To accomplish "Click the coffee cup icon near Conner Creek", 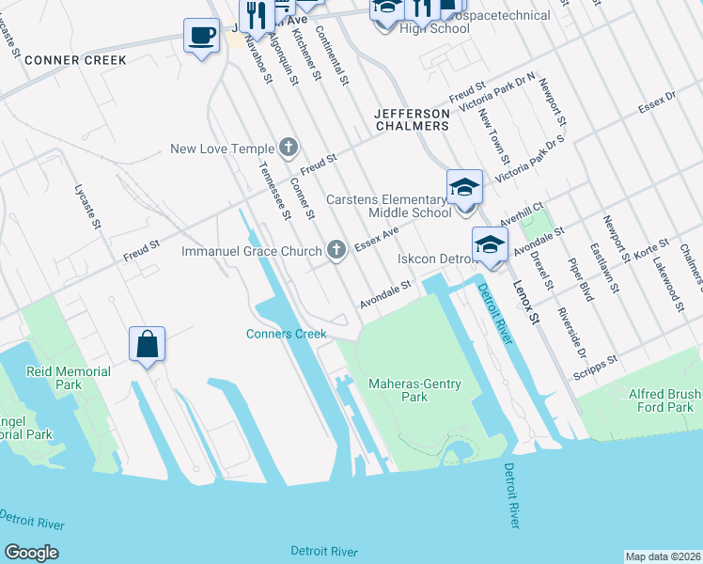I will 200,36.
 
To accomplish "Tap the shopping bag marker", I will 148,344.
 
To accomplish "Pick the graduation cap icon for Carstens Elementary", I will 464,187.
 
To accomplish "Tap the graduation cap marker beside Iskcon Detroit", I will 489,245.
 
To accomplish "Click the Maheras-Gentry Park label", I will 412,390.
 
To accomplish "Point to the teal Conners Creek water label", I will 286,334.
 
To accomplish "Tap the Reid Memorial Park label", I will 69,378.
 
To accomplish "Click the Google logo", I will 31,553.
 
